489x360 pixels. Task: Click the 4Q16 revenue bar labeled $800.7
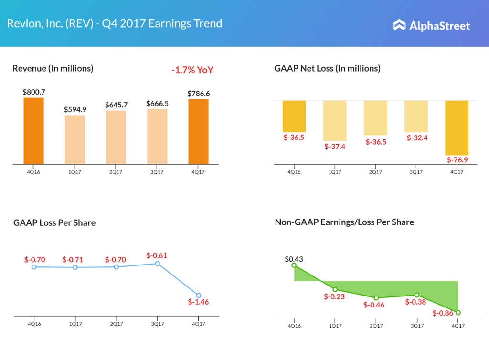tap(33, 131)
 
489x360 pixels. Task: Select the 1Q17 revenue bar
tap(74, 139)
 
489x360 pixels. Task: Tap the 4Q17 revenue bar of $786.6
tap(198, 132)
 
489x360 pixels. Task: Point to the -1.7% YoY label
tap(192, 70)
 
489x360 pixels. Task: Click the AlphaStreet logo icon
tap(399, 25)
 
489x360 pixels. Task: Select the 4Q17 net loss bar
tap(457, 128)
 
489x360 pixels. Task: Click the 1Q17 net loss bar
tap(335, 120)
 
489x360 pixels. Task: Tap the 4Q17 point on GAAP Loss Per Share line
tap(199, 296)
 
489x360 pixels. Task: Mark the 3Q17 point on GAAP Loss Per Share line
tap(157, 264)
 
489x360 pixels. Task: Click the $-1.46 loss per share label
tap(199, 302)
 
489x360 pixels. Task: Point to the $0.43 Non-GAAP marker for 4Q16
tap(294, 265)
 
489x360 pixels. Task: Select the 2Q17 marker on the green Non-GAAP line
tap(376, 298)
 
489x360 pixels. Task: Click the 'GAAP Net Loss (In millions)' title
tap(327, 68)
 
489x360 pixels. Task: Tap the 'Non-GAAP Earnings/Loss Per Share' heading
tap(344, 222)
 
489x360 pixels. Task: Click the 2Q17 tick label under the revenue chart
tap(116, 172)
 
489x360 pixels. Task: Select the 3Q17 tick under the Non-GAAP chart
tap(417, 325)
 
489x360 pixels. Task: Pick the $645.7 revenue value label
tap(116, 105)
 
